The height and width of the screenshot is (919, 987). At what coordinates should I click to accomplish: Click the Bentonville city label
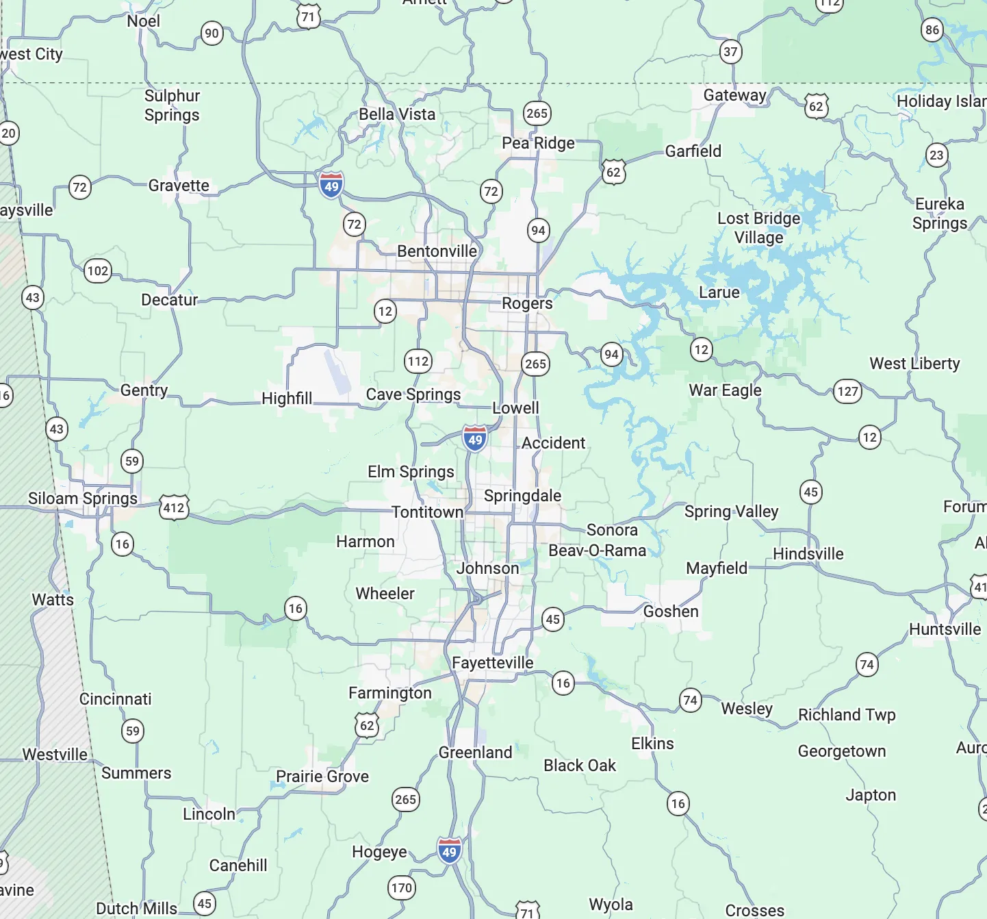click(x=437, y=251)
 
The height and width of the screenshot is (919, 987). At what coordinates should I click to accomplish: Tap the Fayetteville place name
click(x=492, y=663)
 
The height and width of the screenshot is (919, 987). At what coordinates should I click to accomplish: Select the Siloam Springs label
click(x=83, y=499)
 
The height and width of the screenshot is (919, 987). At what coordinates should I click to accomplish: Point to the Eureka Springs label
click(x=940, y=214)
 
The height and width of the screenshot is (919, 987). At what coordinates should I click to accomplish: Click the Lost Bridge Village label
click(x=758, y=228)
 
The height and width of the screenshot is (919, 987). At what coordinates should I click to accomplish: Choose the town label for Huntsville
click(x=945, y=629)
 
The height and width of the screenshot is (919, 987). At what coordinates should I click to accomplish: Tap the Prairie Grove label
click(x=322, y=777)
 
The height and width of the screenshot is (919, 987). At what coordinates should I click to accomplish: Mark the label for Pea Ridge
click(x=538, y=143)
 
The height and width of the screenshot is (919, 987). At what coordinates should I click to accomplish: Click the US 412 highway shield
click(x=174, y=507)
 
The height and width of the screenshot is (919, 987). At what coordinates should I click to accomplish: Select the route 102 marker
click(x=98, y=270)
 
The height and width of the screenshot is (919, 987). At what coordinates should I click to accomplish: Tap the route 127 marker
click(x=847, y=391)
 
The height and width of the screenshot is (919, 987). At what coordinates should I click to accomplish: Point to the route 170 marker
click(x=402, y=888)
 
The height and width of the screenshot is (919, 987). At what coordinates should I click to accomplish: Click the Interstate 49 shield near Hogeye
click(x=449, y=851)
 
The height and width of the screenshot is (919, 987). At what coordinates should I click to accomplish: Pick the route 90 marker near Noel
click(x=212, y=33)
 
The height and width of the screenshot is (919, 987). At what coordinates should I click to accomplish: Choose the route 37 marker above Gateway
click(x=731, y=51)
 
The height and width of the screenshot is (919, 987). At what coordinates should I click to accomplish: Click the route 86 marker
click(x=932, y=29)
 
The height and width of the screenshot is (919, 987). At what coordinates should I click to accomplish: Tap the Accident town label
click(x=553, y=443)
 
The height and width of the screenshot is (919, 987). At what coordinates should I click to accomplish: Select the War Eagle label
click(x=725, y=390)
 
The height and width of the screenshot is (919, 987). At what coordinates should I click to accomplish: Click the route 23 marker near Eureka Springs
click(x=936, y=155)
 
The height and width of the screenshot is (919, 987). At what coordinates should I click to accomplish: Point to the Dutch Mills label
click(x=136, y=909)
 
